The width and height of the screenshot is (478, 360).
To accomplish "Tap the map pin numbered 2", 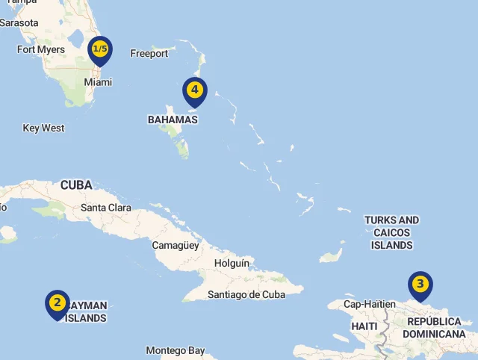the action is coord(57,303).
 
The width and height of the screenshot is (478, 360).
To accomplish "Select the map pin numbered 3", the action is coord(420,285).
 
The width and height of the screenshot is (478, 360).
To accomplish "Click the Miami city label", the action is coord(98,82).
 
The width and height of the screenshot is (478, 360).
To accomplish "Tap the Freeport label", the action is coord(149,54).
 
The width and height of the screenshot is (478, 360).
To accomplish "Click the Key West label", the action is coord(43,128).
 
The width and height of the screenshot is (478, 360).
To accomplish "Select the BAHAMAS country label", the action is coord(173,120).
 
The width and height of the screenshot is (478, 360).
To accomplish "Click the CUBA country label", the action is coord(76,185).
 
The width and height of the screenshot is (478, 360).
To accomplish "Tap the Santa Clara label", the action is coord(106,208).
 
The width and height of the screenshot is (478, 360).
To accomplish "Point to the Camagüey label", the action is coord(176,245).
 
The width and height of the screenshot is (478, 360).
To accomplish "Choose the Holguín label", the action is coord(232,264).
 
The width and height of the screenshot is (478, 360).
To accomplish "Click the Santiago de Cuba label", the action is coord(247,294).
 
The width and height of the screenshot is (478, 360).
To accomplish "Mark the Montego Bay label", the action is coord(176,350).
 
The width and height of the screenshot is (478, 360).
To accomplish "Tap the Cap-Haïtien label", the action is coord(370,304).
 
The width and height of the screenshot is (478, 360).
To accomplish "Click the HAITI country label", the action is coord(364,327).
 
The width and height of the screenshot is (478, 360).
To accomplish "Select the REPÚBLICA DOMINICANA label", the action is coord(434,328).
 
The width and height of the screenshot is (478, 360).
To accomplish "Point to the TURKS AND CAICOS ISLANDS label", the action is coord(391,232).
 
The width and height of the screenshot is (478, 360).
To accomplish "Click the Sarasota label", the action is coord(19,23).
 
